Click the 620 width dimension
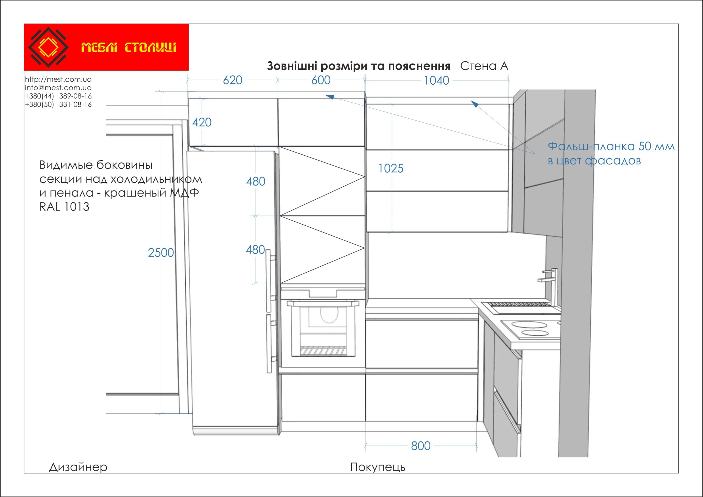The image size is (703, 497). (232, 80)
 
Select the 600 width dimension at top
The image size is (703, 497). (321, 80)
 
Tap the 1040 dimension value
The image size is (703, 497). (436, 81)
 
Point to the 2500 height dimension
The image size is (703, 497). (161, 253)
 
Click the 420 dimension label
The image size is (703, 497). (202, 123)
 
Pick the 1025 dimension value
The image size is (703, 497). (391, 169)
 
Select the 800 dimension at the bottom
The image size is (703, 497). (421, 446)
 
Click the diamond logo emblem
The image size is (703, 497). (48, 47)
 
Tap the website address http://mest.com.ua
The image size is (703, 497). (58, 79)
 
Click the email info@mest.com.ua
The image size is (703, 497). (58, 88)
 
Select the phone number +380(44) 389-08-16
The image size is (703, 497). (58, 96)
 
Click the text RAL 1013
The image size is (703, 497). (64, 207)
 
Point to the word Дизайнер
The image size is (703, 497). (78, 467)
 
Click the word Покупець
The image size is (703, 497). (378, 467)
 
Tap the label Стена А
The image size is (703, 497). (484, 66)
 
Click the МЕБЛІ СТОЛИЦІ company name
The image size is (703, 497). (129, 48)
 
